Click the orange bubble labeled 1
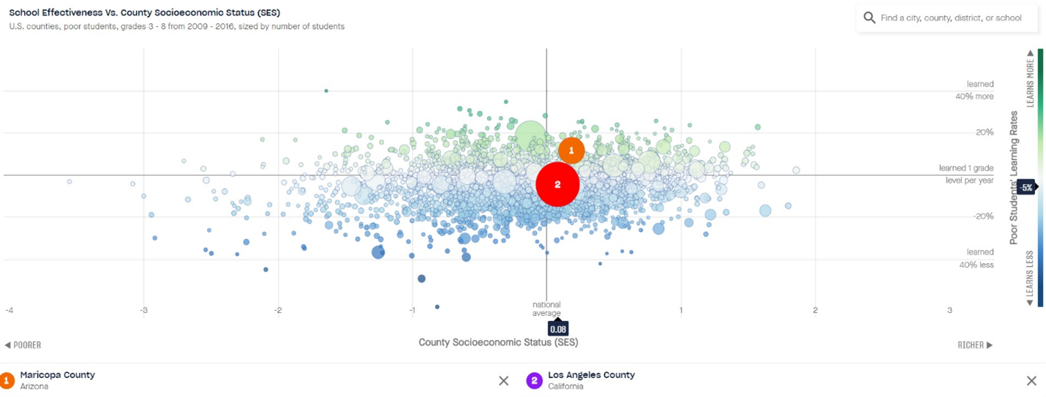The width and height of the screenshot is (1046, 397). pyautogui.click(x=571, y=150)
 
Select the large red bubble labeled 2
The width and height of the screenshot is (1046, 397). pyautogui.click(x=557, y=184)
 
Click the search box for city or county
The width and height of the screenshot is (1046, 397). pyautogui.click(x=951, y=18)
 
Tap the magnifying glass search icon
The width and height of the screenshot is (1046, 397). pyautogui.click(x=869, y=18)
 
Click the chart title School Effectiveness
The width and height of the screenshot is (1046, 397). pyautogui.click(x=144, y=12)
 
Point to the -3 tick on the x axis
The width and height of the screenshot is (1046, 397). pyautogui.click(x=143, y=310)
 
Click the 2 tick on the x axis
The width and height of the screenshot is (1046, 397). pyautogui.click(x=815, y=310)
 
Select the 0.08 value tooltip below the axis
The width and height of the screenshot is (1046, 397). pyautogui.click(x=557, y=329)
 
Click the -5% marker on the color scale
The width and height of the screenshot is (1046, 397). pyautogui.click(x=1026, y=187)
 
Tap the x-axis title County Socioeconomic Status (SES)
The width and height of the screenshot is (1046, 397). pyautogui.click(x=498, y=342)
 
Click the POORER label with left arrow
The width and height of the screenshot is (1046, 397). pyautogui.click(x=23, y=345)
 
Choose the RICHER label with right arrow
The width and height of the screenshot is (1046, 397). pyautogui.click(x=975, y=345)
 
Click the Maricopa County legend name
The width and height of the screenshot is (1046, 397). pyautogui.click(x=57, y=375)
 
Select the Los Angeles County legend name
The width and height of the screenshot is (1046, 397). pyautogui.click(x=591, y=375)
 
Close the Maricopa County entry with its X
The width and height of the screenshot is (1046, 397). pyautogui.click(x=503, y=380)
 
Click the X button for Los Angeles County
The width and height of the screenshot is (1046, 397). pyautogui.click(x=1031, y=380)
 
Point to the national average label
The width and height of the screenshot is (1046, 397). pyautogui.click(x=546, y=309)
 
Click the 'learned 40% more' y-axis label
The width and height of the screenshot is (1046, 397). pyautogui.click(x=974, y=90)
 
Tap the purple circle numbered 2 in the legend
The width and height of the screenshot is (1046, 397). pyautogui.click(x=535, y=380)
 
